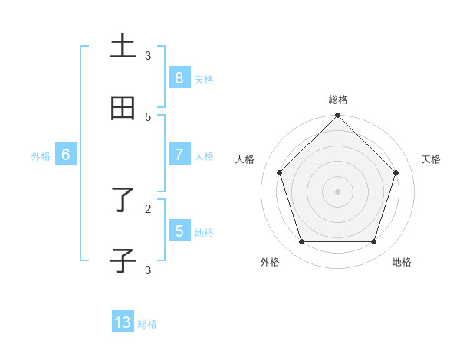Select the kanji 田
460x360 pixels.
(x=123, y=109)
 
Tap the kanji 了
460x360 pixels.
(x=123, y=200)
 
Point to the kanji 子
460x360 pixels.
(x=123, y=260)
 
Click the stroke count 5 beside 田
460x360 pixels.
(x=148, y=116)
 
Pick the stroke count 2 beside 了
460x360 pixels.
(x=148, y=208)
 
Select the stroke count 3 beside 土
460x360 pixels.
(x=148, y=55)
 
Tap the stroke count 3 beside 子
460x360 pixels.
(x=148, y=270)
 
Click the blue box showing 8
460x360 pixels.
(x=179, y=78)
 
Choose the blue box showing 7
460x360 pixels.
(x=179, y=155)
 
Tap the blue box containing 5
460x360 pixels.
(x=179, y=231)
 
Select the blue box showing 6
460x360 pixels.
(x=66, y=155)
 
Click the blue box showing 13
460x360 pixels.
(x=123, y=322)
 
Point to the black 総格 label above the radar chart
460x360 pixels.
(x=338, y=100)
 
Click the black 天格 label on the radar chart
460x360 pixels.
(x=431, y=159)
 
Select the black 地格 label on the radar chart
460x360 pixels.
(x=402, y=262)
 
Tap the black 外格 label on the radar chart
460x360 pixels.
(x=270, y=262)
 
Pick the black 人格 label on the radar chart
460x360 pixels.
(x=245, y=159)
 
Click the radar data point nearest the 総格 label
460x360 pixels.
(x=338, y=116)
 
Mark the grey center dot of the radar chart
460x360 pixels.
(x=338, y=191)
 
